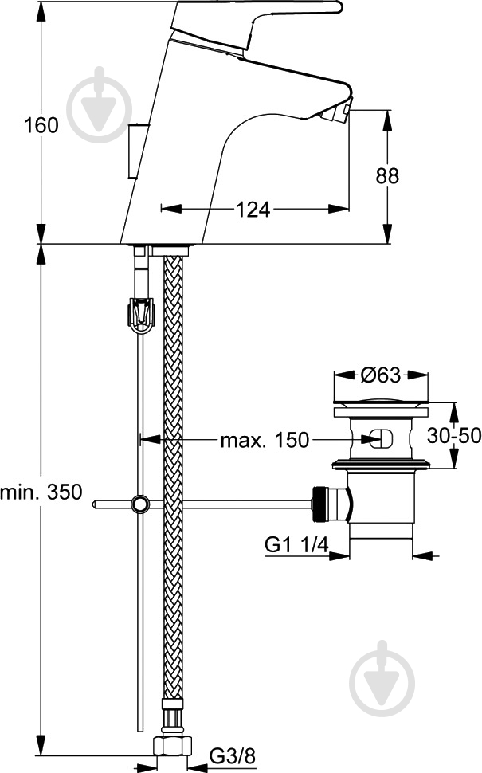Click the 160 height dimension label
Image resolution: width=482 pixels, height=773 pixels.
pyautogui.click(x=41, y=126)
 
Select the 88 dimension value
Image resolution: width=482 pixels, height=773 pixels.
pyautogui.click(x=388, y=177)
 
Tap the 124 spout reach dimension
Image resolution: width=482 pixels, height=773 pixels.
pyautogui.click(x=253, y=210)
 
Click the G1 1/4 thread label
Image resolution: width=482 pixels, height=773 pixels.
pyautogui.click(x=296, y=545)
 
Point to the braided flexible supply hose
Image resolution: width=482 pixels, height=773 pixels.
pyautogui.click(x=172, y=478)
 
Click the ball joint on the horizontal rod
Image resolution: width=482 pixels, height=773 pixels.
pyautogui.click(x=140, y=504)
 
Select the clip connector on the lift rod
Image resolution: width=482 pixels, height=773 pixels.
pyautogui.click(x=140, y=313)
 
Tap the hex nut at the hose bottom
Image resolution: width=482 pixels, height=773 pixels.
pyautogui.click(x=172, y=747)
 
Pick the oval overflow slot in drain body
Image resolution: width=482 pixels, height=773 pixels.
pyautogui.click(x=381, y=438)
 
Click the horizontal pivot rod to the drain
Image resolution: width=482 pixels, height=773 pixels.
pyautogui.click(x=239, y=504)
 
